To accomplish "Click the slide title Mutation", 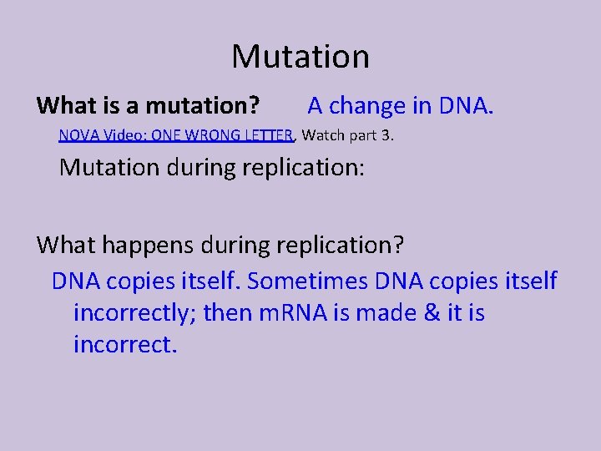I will click(300, 57).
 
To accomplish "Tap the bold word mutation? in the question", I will click(201, 106).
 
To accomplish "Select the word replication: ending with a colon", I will click(303, 167).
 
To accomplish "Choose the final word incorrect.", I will click(125, 344).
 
